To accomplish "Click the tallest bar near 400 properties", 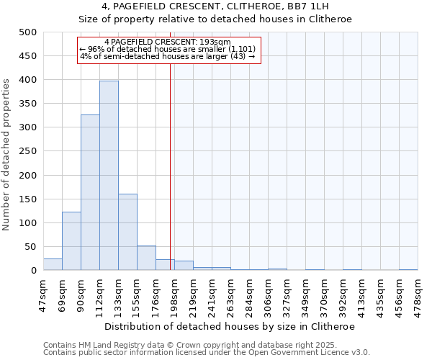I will coord(109,176).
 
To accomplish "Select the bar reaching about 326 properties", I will coord(90,192).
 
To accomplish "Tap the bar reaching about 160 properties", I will coord(127,232).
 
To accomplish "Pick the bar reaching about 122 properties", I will coord(71,241).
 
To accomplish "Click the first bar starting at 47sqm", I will coord(53,264).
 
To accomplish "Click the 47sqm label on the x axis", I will coord(44,294).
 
